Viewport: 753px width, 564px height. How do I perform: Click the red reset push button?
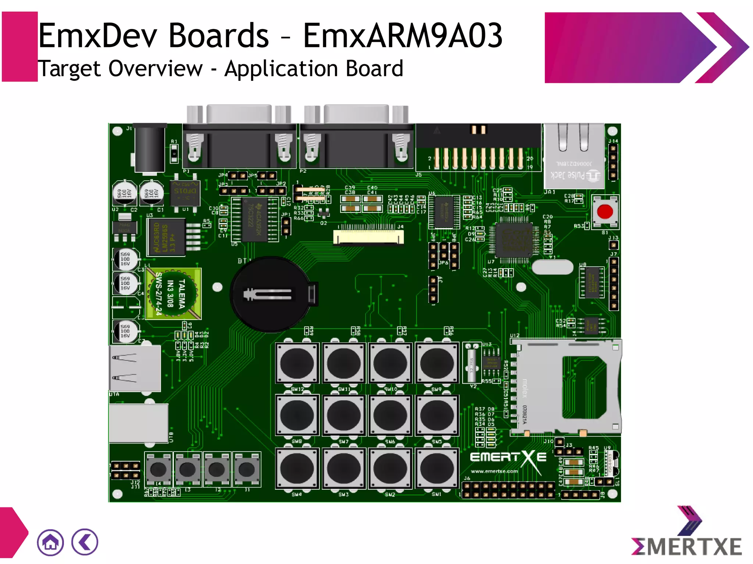(x=605, y=212)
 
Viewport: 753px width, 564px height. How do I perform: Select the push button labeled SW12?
(x=297, y=363)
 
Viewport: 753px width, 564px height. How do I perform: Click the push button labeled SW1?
(x=437, y=468)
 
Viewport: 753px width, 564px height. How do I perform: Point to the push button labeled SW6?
(x=390, y=416)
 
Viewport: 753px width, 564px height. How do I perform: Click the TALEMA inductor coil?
(x=173, y=294)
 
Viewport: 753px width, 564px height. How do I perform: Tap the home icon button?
(x=50, y=542)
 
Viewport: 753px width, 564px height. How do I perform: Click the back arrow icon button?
(x=85, y=542)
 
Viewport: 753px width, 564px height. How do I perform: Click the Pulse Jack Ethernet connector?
(x=574, y=156)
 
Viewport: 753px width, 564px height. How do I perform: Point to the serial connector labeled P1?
(x=239, y=141)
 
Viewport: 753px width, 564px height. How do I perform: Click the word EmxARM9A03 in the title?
(x=403, y=36)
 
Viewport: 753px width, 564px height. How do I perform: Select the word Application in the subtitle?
(x=282, y=69)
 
